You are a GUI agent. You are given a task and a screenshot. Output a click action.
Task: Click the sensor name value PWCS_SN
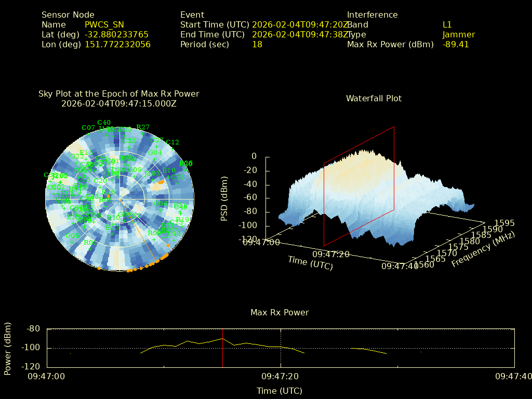point(104,25)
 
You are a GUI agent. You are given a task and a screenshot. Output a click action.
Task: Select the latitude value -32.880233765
point(116,35)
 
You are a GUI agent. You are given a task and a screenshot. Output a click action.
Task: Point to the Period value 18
point(257,45)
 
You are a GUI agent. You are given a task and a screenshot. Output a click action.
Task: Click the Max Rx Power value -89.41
point(456,45)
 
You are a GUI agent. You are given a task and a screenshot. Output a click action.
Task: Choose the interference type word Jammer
point(459,35)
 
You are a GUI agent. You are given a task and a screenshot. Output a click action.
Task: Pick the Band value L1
point(447,25)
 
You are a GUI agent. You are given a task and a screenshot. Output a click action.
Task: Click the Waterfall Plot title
point(374,99)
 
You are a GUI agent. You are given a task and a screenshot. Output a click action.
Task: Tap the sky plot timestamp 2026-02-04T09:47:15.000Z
point(119,104)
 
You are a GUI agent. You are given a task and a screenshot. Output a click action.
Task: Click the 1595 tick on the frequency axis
point(505,223)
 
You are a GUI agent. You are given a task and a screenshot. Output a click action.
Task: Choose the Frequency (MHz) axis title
point(483,250)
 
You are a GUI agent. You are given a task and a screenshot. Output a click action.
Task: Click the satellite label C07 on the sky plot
point(88,128)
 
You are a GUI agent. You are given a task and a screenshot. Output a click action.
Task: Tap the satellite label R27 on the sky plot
point(143,127)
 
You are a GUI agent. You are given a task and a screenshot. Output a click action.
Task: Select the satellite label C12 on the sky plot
point(172,142)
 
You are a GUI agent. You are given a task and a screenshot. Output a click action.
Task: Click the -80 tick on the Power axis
point(33,329)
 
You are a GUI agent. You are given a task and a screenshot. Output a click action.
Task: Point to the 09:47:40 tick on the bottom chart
point(514,376)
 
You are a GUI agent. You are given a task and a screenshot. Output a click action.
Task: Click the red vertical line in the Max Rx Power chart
point(222,348)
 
